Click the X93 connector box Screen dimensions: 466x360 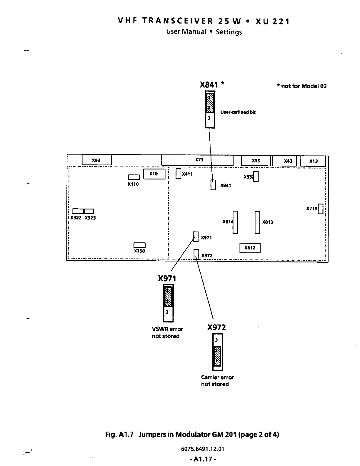[96, 160]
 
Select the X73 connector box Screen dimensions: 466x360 [197, 160]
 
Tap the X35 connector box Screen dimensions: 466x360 [256, 161]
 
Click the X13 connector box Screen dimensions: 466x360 [313, 161]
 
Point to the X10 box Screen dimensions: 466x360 [154, 174]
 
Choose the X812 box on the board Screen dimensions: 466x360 [250, 248]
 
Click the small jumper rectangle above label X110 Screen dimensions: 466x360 [134, 177]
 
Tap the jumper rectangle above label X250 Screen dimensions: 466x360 [139, 245]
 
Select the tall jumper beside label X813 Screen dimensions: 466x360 [257, 222]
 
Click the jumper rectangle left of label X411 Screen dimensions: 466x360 [178, 174]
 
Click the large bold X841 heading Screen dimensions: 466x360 [209, 85]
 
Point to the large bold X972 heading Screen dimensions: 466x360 [216, 327]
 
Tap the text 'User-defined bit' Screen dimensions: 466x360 [238, 112]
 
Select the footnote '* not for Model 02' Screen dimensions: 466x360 [302, 86]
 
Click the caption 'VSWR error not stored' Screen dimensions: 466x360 [167, 332]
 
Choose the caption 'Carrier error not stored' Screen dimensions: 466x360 [217, 381]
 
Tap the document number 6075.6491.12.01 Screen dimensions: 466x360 [203, 449]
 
